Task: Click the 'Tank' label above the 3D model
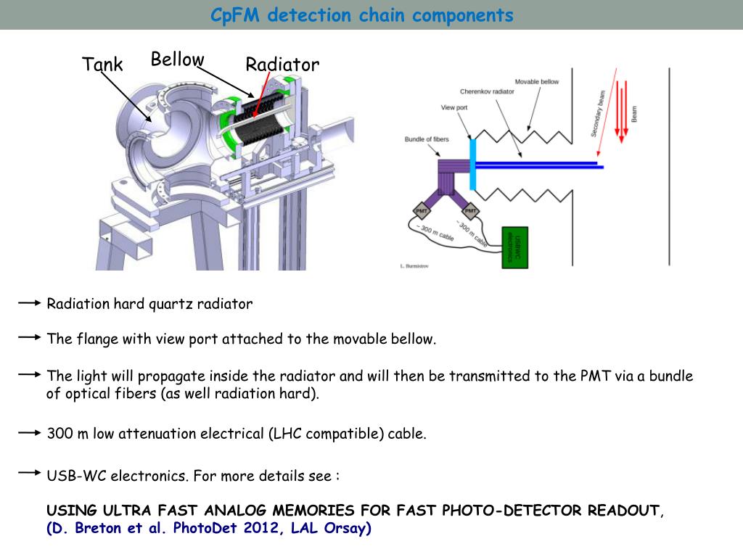tap(102, 65)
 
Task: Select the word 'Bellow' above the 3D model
tap(177, 59)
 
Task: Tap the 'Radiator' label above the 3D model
tap(282, 65)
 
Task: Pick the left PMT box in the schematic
tap(422, 211)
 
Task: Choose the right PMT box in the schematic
tap(470, 211)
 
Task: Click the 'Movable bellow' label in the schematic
tap(537, 81)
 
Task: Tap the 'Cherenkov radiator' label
tap(487, 92)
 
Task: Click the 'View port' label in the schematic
tap(454, 107)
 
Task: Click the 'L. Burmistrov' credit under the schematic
tap(414, 266)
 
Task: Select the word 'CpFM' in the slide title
tap(235, 15)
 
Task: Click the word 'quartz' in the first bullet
tap(169, 304)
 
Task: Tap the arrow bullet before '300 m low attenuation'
tap(29, 433)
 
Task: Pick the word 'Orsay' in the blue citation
tap(347, 528)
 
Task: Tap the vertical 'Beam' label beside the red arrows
tap(633, 114)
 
